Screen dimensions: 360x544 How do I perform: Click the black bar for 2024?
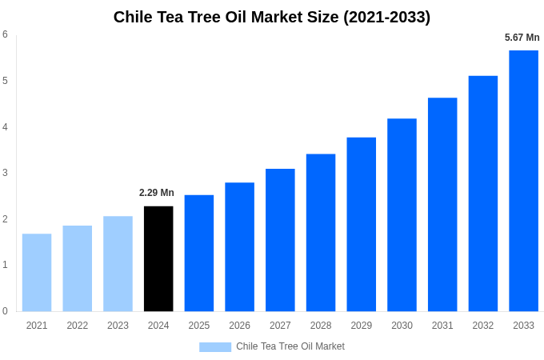click(x=158, y=258)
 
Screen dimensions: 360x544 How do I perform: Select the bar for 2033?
click(x=523, y=181)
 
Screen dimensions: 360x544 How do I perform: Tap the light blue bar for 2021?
click(x=37, y=272)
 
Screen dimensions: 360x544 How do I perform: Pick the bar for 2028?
click(x=321, y=232)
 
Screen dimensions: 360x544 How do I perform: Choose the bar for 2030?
click(x=402, y=214)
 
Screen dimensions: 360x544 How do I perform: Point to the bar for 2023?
click(x=118, y=263)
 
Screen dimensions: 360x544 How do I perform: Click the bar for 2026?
click(x=239, y=246)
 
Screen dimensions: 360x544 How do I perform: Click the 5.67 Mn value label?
click(x=522, y=38)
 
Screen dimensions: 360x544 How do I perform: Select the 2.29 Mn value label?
click(x=157, y=193)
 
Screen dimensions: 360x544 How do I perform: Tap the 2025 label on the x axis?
click(x=199, y=326)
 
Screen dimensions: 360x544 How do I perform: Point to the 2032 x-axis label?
click(x=482, y=326)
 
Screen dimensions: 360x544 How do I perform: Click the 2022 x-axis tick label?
click(x=78, y=326)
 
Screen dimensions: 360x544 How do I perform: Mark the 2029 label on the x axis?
click(x=361, y=326)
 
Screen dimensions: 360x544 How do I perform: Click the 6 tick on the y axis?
click(x=5, y=34)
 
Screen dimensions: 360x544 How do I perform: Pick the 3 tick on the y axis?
click(x=5, y=173)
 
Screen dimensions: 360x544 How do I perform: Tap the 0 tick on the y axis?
click(x=5, y=311)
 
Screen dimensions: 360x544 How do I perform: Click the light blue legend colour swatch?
click(x=214, y=346)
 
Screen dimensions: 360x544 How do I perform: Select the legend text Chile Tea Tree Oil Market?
click(x=290, y=346)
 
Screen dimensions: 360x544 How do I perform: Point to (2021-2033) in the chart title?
click(x=386, y=17)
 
